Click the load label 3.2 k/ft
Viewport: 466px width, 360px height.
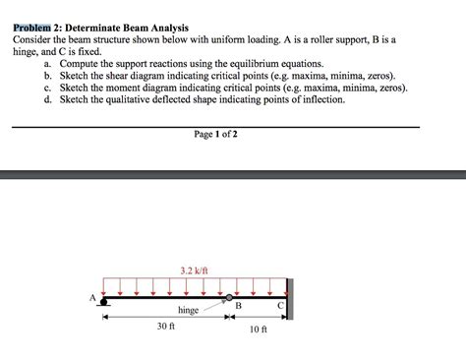(194, 270)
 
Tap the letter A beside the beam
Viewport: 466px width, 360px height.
(93, 296)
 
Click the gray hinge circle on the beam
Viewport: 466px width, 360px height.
(230, 296)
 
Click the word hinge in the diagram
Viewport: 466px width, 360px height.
(188, 310)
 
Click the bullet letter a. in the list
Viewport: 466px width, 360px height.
(48, 63)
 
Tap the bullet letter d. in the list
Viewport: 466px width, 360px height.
(48, 99)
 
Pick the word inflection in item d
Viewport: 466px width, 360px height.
(322, 99)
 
